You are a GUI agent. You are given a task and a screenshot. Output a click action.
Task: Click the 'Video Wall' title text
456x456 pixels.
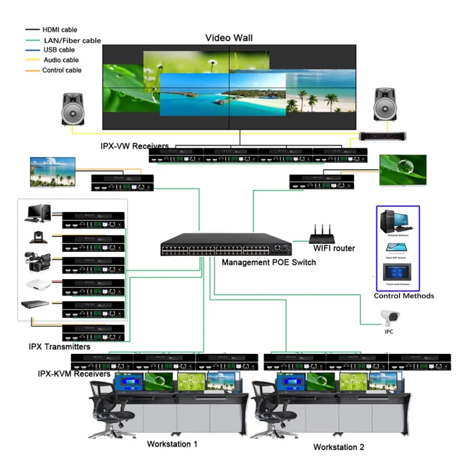[x=229, y=38]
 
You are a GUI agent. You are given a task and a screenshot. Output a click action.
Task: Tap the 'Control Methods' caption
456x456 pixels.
[x=404, y=296]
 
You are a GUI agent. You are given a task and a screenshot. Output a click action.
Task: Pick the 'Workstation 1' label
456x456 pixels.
[x=172, y=444]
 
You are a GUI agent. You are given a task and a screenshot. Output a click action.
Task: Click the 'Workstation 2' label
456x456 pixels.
[x=338, y=446]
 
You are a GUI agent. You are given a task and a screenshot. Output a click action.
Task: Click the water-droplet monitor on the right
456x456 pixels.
[x=403, y=170]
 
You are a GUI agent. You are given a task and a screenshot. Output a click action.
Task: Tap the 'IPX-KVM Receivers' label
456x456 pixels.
[x=74, y=374]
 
